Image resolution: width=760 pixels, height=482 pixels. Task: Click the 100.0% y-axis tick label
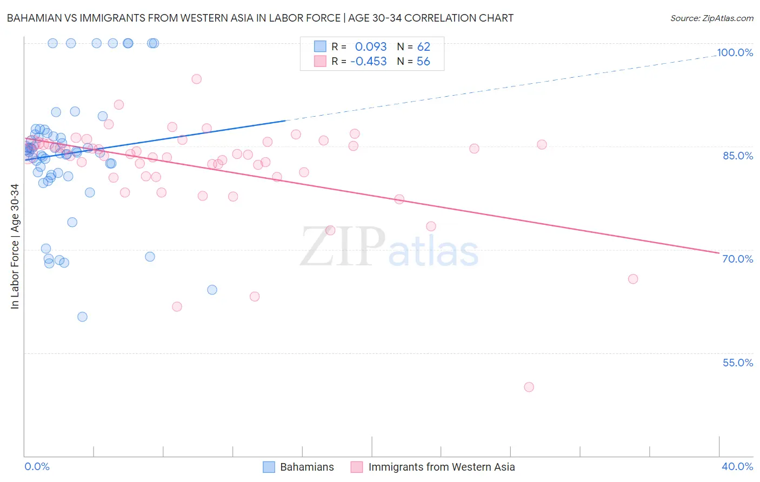pyautogui.click(x=735, y=52)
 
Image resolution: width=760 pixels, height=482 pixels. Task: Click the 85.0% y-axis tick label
pyautogui.click(x=738, y=156)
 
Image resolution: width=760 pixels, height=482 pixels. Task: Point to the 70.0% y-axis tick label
pyautogui.click(x=738, y=259)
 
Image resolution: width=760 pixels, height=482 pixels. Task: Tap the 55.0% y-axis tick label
pyautogui.click(x=738, y=363)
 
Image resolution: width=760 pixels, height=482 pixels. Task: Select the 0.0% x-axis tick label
pyautogui.click(x=37, y=466)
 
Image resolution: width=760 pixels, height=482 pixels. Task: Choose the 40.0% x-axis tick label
pyautogui.click(x=737, y=466)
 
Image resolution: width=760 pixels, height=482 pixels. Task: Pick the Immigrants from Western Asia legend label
pyautogui.click(x=441, y=467)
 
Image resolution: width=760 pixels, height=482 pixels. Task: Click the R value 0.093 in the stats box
pyautogui.click(x=370, y=47)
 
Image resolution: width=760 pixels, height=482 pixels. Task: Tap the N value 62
pyautogui.click(x=423, y=47)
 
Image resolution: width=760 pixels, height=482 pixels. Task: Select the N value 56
pyautogui.click(x=423, y=62)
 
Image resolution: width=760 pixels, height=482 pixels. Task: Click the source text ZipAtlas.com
pyautogui.click(x=711, y=18)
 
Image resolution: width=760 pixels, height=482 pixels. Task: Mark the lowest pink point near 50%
pyautogui.click(x=529, y=387)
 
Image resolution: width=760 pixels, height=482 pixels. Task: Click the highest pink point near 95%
pyautogui.click(x=196, y=79)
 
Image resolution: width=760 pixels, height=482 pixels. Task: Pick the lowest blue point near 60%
pyautogui.click(x=82, y=317)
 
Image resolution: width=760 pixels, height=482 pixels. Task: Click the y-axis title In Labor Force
pyautogui.click(x=15, y=246)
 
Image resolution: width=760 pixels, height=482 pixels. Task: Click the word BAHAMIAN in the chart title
pyautogui.click(x=32, y=18)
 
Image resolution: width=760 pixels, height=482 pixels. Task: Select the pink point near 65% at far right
pyautogui.click(x=633, y=279)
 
